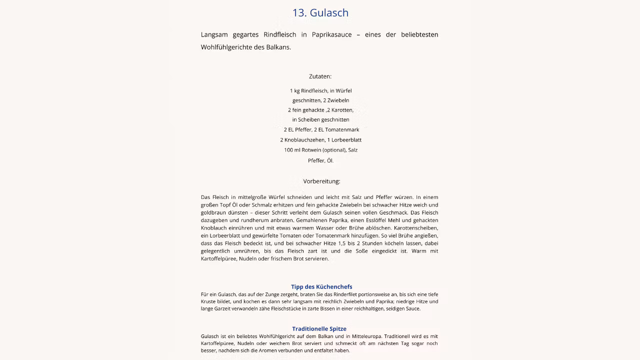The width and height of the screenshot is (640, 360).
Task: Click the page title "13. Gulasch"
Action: point(320,12)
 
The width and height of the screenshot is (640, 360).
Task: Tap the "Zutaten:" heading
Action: point(320,76)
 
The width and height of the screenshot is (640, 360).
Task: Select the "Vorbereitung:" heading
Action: point(321,181)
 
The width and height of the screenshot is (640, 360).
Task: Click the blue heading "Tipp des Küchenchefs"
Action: point(321,286)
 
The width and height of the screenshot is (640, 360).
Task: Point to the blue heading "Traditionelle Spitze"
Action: point(319,328)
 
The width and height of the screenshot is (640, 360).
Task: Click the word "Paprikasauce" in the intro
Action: point(331,34)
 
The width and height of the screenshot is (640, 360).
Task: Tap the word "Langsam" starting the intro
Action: point(214,34)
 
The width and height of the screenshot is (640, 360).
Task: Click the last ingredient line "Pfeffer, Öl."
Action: point(320,160)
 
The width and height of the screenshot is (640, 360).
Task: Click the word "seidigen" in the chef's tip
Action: point(396,308)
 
